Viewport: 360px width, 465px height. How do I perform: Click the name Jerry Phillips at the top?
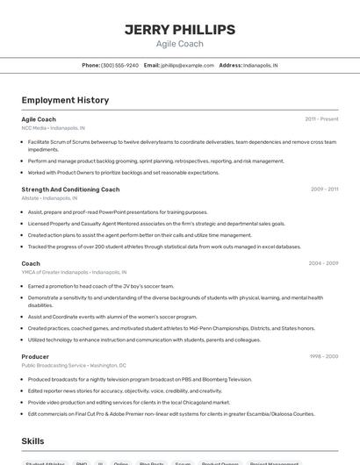179,30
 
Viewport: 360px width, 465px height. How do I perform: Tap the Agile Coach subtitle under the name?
179,44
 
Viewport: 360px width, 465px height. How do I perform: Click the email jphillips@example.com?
186,65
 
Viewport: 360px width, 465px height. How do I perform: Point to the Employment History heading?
65,100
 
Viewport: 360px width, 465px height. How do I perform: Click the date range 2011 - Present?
321,118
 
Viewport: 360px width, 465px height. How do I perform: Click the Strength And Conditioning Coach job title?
70,189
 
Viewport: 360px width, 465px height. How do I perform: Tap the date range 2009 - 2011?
324,189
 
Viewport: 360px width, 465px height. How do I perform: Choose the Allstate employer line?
49,197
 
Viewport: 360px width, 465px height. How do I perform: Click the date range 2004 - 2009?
323,263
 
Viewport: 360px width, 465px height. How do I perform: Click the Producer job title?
35,356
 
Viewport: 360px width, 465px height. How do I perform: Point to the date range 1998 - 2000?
323,356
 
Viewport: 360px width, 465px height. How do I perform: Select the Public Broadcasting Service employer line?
74,365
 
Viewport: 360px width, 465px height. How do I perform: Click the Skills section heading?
32,441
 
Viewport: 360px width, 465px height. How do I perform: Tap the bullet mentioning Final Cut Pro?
170,413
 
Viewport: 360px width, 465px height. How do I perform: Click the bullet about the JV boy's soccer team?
101,286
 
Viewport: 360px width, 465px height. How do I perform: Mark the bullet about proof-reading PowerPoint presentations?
118,211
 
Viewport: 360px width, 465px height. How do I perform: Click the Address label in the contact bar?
230,65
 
